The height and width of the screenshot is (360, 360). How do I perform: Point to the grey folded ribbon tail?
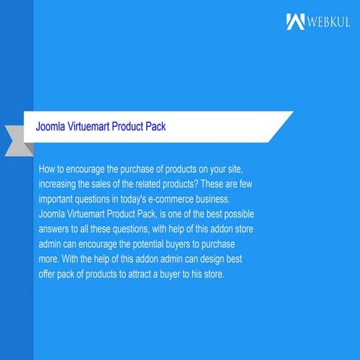[x=16, y=140]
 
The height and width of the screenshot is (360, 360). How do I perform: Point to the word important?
[x=59, y=200]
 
